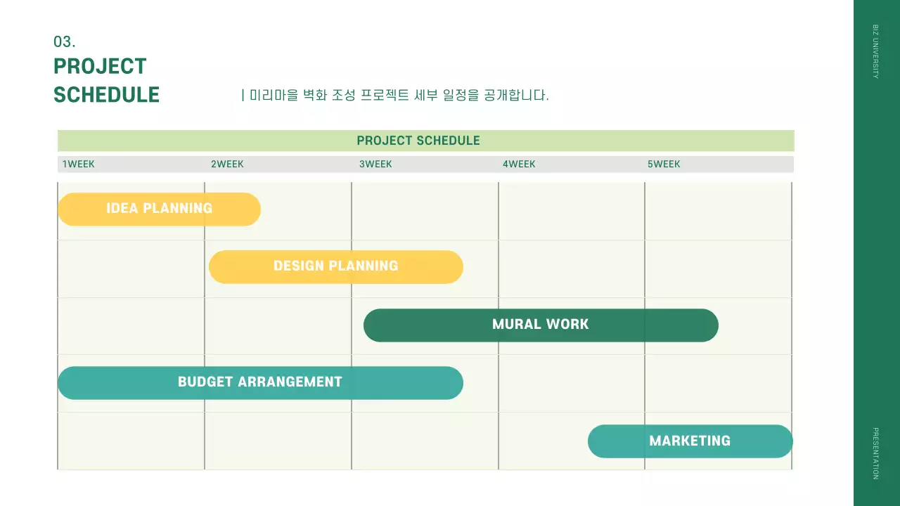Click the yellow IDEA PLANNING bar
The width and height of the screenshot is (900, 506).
point(159,209)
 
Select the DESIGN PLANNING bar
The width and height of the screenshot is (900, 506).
point(336,266)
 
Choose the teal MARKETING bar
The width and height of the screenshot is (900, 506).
point(690,441)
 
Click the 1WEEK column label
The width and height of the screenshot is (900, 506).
point(79,164)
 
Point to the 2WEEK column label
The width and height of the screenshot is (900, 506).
point(227,164)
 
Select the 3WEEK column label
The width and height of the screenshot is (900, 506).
point(375,164)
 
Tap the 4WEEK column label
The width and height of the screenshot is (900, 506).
point(519,164)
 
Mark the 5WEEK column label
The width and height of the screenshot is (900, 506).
point(664,164)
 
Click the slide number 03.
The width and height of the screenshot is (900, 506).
point(64,42)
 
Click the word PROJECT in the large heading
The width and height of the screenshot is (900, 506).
point(100,67)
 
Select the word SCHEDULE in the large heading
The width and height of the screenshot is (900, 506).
point(106,95)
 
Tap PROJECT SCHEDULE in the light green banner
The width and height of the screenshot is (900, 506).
point(418,141)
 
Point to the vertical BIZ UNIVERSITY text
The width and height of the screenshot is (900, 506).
point(875,51)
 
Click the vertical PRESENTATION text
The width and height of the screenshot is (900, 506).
point(875,453)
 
